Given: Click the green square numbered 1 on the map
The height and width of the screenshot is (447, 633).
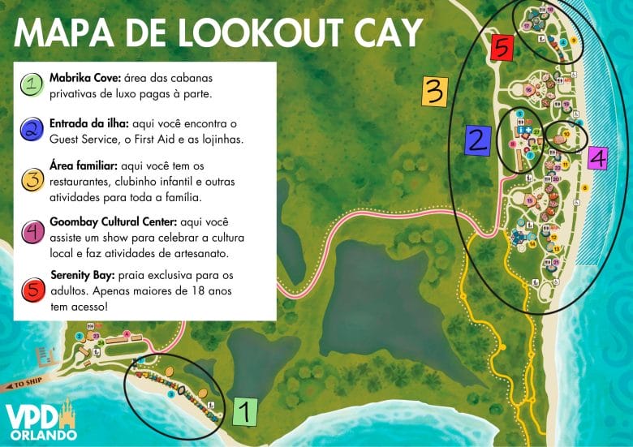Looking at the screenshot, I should coord(245,411).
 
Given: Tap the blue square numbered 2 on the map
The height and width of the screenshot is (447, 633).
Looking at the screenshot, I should coord(476,140).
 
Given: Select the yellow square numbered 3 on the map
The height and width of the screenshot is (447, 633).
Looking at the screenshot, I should coord(434,92).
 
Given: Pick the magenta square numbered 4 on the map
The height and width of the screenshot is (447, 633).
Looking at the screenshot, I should coord(596,159).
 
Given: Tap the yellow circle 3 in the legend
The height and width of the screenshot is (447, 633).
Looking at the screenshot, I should coord(31,178).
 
